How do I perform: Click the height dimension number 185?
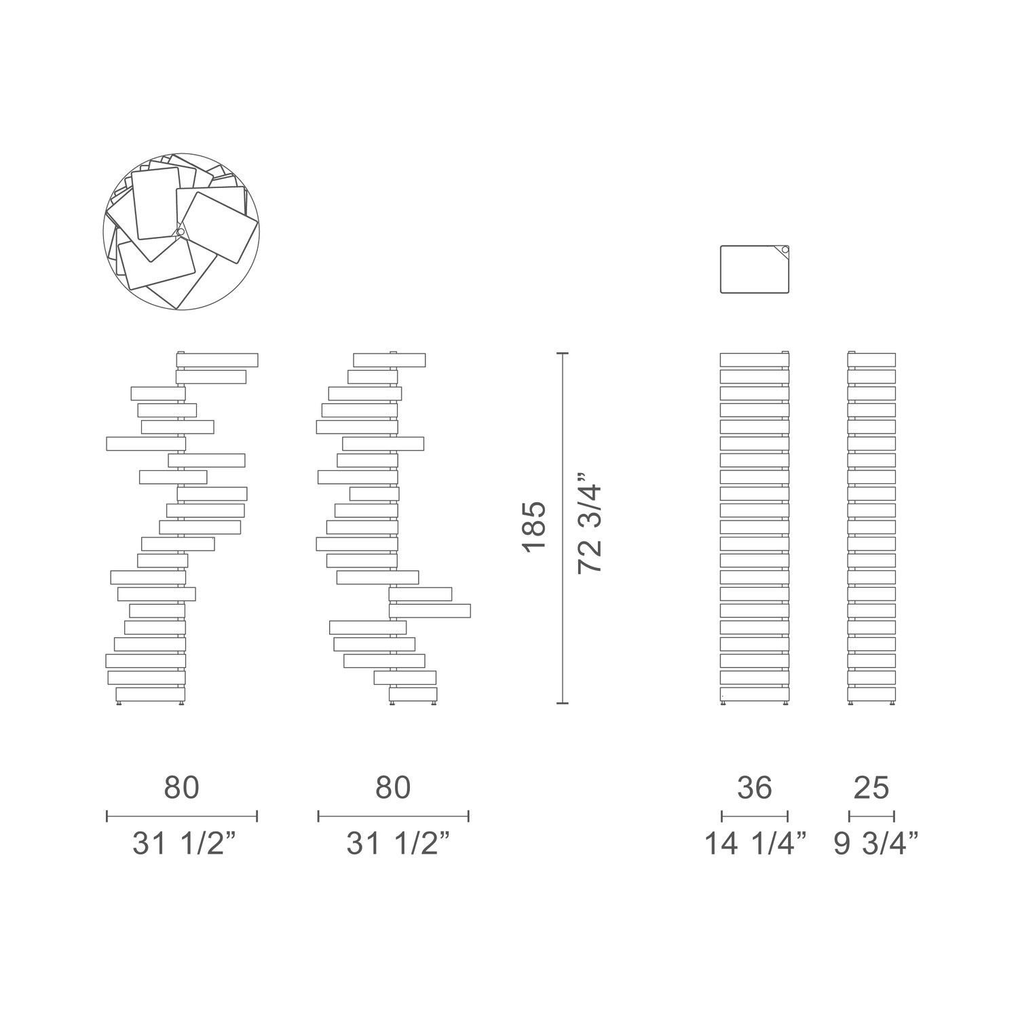[534, 526]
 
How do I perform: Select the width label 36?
[754, 788]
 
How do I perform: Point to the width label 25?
[871, 788]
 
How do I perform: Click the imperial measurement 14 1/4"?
[755, 844]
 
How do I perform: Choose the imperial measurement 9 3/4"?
[876, 844]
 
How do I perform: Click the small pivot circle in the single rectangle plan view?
[785, 250]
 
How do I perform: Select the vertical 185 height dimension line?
[562, 528]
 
